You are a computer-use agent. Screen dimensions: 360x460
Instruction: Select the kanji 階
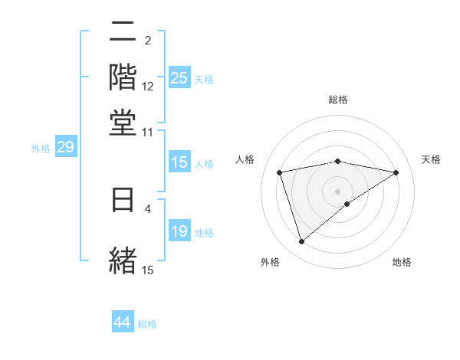[123, 77]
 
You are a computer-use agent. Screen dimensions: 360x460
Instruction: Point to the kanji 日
[123, 201]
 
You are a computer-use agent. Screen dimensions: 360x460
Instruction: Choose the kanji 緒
[123, 259]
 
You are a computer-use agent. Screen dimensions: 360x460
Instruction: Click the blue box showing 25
[179, 78]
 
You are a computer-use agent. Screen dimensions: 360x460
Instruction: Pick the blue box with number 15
[179, 162]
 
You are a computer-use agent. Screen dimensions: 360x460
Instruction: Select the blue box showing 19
[179, 232]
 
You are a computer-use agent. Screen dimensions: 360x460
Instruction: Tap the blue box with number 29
[65, 148]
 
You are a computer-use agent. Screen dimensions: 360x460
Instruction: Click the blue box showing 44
[123, 322]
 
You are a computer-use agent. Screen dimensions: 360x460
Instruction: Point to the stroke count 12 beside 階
[148, 87]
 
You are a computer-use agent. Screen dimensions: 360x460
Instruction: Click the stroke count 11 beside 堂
[148, 132]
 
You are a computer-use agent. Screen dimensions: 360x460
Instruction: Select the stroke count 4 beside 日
[148, 208]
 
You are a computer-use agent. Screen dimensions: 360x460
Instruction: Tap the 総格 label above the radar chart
[338, 100]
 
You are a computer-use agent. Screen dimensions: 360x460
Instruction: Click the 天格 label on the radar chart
[431, 159]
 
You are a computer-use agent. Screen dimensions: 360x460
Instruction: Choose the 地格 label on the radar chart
[402, 263]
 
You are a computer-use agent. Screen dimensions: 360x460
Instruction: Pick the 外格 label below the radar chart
[270, 263]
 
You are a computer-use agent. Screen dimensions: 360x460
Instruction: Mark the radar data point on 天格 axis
[396, 172]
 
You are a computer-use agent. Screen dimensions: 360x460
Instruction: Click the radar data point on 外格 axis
[301, 242]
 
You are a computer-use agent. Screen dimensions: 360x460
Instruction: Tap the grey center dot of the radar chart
[338, 191]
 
